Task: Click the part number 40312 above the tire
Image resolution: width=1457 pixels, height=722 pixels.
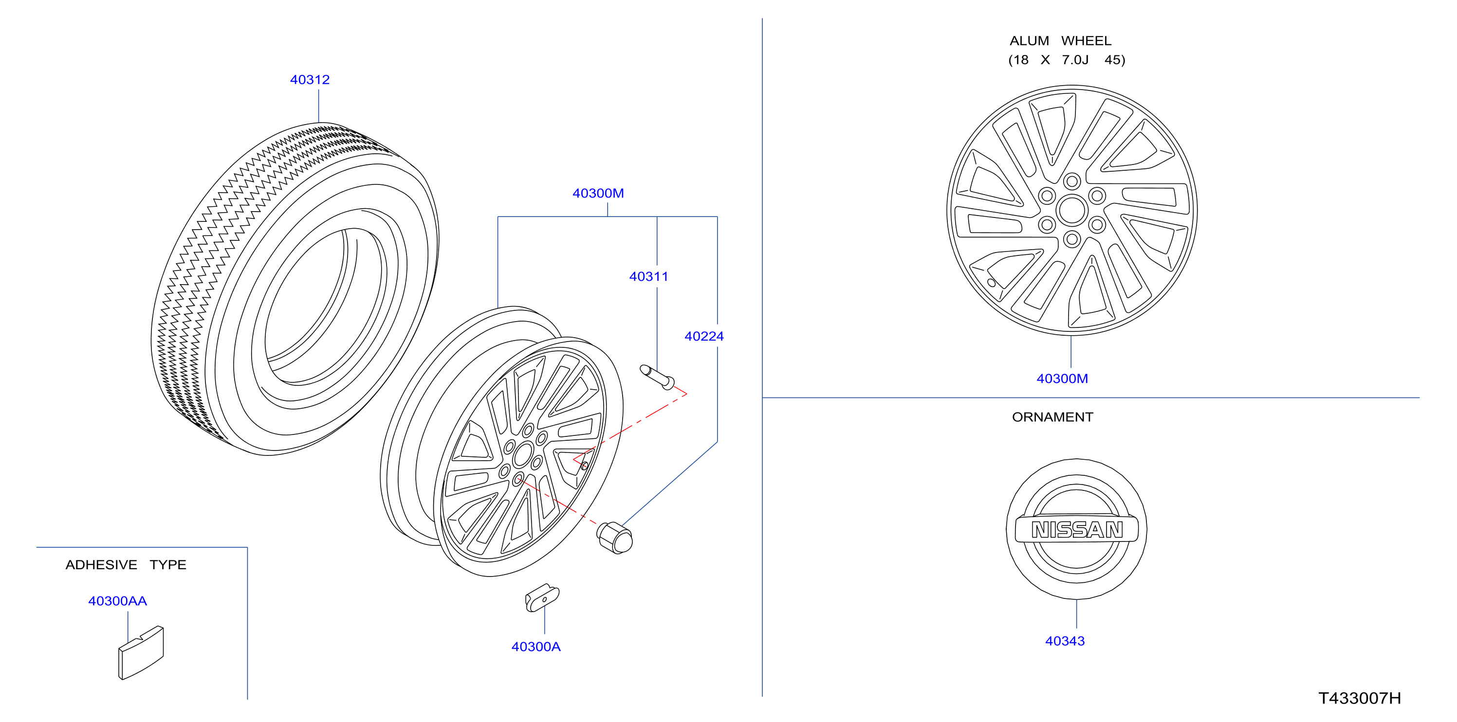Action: tap(310, 80)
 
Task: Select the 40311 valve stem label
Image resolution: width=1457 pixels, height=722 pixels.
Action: tap(648, 276)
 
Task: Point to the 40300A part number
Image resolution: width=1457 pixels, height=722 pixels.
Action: tap(535, 647)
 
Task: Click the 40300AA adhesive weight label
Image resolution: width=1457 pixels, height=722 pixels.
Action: tap(118, 601)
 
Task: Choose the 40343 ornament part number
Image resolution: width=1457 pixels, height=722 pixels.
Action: tap(1065, 641)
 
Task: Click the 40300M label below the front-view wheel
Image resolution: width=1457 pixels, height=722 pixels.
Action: tap(1062, 379)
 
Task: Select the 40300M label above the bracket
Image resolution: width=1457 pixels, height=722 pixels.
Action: tap(598, 193)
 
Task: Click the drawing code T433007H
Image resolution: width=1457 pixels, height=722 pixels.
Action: tap(1359, 698)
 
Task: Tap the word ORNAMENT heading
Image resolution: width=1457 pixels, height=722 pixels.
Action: tap(1052, 417)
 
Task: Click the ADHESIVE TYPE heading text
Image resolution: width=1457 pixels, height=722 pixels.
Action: tap(126, 565)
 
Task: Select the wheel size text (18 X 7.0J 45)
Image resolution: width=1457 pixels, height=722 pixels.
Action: tap(1067, 60)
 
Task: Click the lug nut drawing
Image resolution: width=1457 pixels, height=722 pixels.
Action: tap(615, 538)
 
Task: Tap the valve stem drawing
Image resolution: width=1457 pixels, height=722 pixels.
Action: tap(657, 377)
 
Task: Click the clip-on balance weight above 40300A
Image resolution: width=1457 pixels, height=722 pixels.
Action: tap(542, 597)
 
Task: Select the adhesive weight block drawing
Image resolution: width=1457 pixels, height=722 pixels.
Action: tap(141, 652)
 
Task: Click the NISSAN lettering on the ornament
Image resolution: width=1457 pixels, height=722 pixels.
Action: tap(1077, 530)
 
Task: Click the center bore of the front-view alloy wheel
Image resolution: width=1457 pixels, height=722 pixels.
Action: tap(1071, 210)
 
